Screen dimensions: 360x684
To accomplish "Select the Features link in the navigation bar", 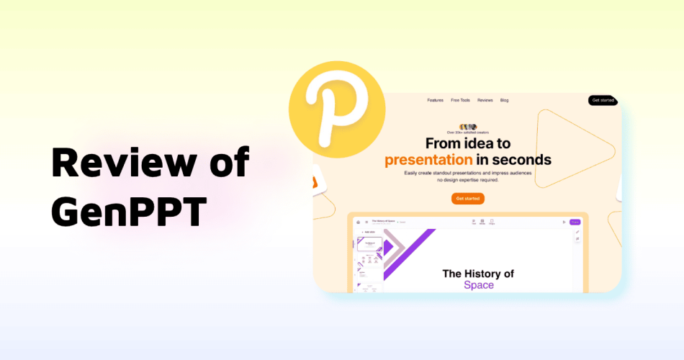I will click(x=435, y=100).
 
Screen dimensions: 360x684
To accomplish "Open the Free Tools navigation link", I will click(x=460, y=100).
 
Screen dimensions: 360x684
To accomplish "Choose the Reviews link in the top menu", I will click(x=485, y=100).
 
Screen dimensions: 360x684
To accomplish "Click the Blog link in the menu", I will click(x=504, y=100).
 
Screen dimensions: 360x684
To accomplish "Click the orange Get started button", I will click(x=467, y=198).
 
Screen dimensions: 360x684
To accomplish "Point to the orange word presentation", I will click(x=428, y=159).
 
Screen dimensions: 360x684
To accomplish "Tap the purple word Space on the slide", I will click(x=479, y=285).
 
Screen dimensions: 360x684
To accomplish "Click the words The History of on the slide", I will click(x=478, y=274).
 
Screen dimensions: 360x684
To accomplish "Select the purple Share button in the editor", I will click(x=575, y=222).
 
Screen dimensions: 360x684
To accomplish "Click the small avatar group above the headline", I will click(x=468, y=127).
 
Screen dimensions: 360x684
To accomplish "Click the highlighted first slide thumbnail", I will click(x=370, y=244).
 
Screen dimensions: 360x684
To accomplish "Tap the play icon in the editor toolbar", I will click(x=564, y=222).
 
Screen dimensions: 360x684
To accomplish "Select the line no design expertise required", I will click(x=467, y=180).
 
